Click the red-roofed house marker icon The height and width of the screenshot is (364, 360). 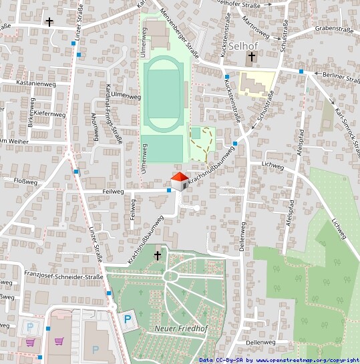pyautogui.click(x=179, y=182)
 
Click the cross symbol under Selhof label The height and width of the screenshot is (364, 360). pyautogui.click(x=251, y=58)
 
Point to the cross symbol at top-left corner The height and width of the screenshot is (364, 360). pyautogui.click(x=49, y=22)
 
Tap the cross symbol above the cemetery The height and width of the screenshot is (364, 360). pyautogui.click(x=158, y=255)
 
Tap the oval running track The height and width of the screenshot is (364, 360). pyautogui.click(x=164, y=94)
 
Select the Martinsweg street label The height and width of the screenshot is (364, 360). pyautogui.click(x=256, y=28)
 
